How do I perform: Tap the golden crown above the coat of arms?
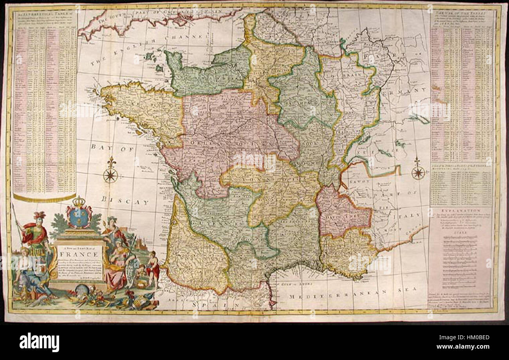79,202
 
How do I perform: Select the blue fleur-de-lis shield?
79,216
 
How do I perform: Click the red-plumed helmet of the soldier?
39,217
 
